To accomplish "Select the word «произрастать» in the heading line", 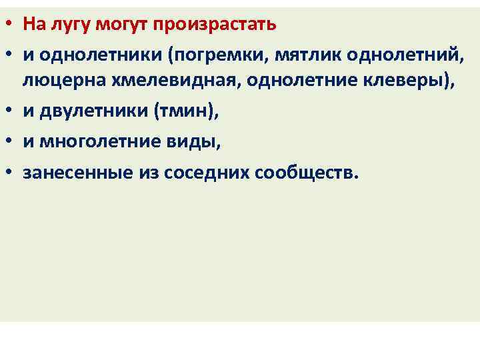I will [x=214, y=25].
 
